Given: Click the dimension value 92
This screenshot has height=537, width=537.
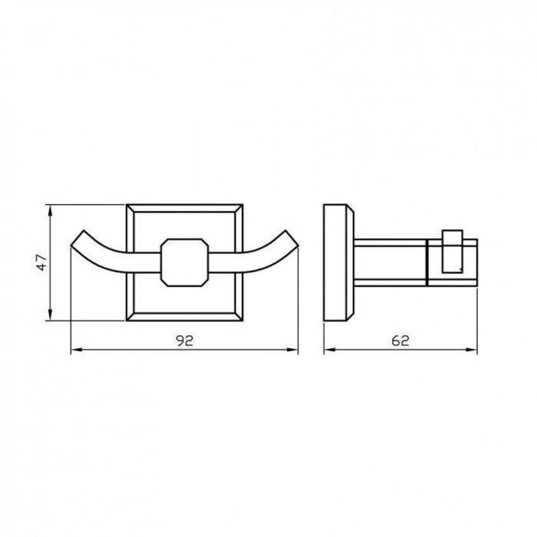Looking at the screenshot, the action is point(185,340).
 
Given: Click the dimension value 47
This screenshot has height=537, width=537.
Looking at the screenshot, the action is point(42,263).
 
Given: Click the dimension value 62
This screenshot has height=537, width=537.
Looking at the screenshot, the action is point(400,340).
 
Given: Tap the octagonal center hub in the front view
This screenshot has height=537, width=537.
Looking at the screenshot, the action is point(185,263).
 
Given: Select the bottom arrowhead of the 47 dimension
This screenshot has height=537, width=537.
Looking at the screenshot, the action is point(50,315).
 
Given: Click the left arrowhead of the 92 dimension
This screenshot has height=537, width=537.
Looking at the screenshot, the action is point(76,350).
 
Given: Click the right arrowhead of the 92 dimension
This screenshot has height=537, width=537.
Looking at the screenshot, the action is point(292,350).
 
